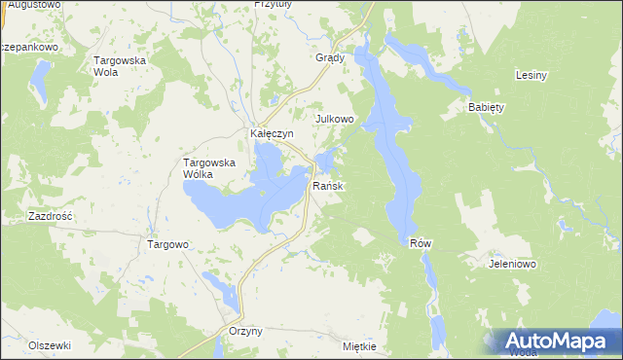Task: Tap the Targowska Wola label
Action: [119, 66]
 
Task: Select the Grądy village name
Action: [331, 57]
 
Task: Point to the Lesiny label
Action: [531, 75]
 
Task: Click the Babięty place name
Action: [486, 107]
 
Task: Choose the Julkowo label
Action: [333, 119]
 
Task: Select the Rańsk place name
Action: [327, 185]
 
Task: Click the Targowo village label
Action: [167, 245]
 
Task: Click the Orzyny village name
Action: [245, 332]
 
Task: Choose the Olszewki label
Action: [50, 345]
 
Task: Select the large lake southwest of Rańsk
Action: [238, 195]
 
